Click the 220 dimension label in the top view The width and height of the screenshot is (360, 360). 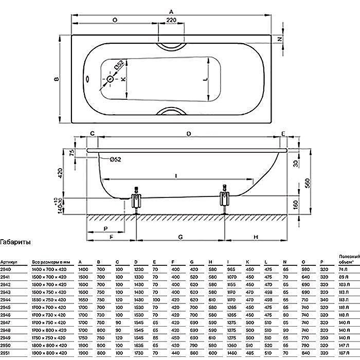[x=171, y=20]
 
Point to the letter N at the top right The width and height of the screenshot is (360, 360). [x=281, y=39]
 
